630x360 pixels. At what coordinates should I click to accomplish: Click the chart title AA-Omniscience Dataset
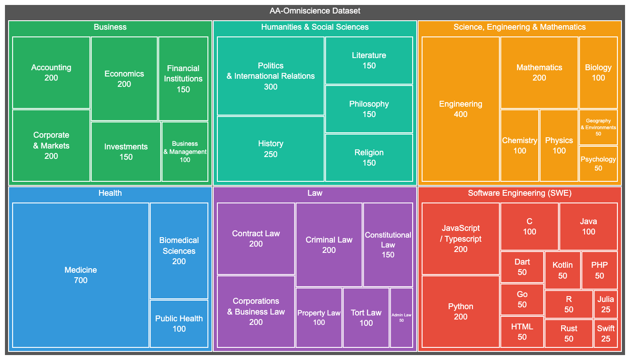pyautogui.click(x=315, y=11)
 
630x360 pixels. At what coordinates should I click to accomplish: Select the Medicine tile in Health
pyautogui.click(x=81, y=275)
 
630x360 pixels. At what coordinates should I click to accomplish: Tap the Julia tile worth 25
pyautogui.click(x=605, y=304)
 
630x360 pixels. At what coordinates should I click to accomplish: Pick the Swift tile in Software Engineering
pyautogui.click(x=605, y=333)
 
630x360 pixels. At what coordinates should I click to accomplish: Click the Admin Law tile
pyautogui.click(x=401, y=318)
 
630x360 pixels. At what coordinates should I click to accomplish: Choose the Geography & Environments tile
pyautogui.click(x=598, y=127)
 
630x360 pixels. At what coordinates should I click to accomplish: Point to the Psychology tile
pyautogui.click(x=598, y=164)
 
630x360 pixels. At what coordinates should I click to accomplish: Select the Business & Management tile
pyautogui.click(x=185, y=152)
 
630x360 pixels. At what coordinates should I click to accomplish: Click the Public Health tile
pyautogui.click(x=179, y=324)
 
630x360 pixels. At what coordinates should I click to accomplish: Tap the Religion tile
pyautogui.click(x=369, y=157)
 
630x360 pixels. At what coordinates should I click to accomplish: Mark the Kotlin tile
pyautogui.click(x=562, y=270)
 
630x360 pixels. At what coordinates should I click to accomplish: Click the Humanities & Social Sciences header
pyautogui.click(x=315, y=27)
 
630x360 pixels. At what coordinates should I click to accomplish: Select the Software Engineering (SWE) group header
pyautogui.click(x=519, y=193)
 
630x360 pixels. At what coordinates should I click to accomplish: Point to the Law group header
pyautogui.click(x=315, y=193)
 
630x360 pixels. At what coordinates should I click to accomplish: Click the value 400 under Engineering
pyautogui.click(x=460, y=114)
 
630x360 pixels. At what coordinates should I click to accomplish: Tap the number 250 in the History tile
pyautogui.click(x=270, y=154)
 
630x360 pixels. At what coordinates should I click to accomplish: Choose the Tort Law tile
pyautogui.click(x=366, y=318)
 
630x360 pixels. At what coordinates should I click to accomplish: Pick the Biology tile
pyautogui.click(x=598, y=72)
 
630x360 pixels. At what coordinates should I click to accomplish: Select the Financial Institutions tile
pyautogui.click(x=183, y=79)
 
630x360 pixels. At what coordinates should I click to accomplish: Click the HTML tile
pyautogui.click(x=522, y=332)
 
